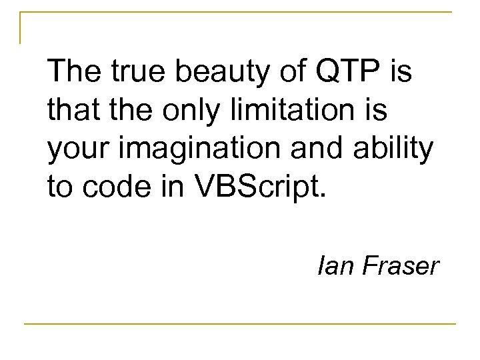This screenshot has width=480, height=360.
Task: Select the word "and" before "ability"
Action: click(x=321, y=149)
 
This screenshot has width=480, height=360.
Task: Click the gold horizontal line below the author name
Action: click(x=240, y=323)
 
